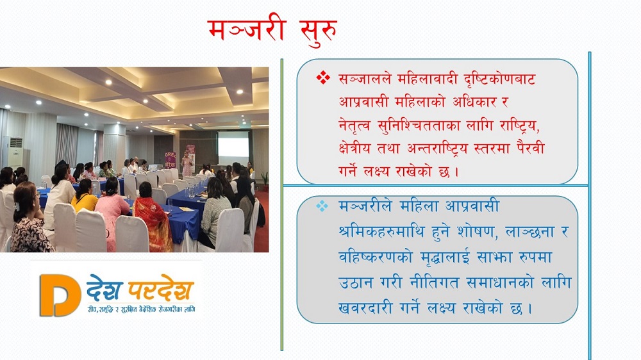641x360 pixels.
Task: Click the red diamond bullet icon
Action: (x=323, y=78)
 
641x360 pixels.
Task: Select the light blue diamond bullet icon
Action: (x=322, y=206)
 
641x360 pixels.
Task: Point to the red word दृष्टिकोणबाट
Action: (x=499, y=78)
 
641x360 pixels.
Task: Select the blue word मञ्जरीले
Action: (x=365, y=206)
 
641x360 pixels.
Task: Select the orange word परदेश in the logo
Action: (x=160, y=290)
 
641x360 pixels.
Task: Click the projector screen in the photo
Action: (x=233, y=143)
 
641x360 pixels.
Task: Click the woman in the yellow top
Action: (x=85, y=196)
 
